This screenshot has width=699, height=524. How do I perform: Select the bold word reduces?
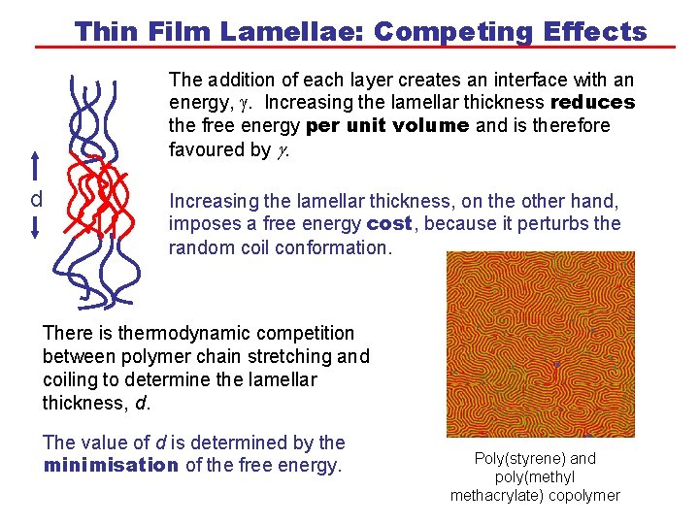click(x=592, y=102)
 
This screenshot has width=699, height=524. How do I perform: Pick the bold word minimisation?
click(x=111, y=465)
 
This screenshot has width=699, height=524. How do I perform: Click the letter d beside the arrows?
click(x=36, y=200)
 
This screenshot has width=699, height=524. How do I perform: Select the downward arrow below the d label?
click(x=35, y=228)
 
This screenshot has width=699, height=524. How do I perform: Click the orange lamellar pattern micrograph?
click(x=540, y=344)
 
